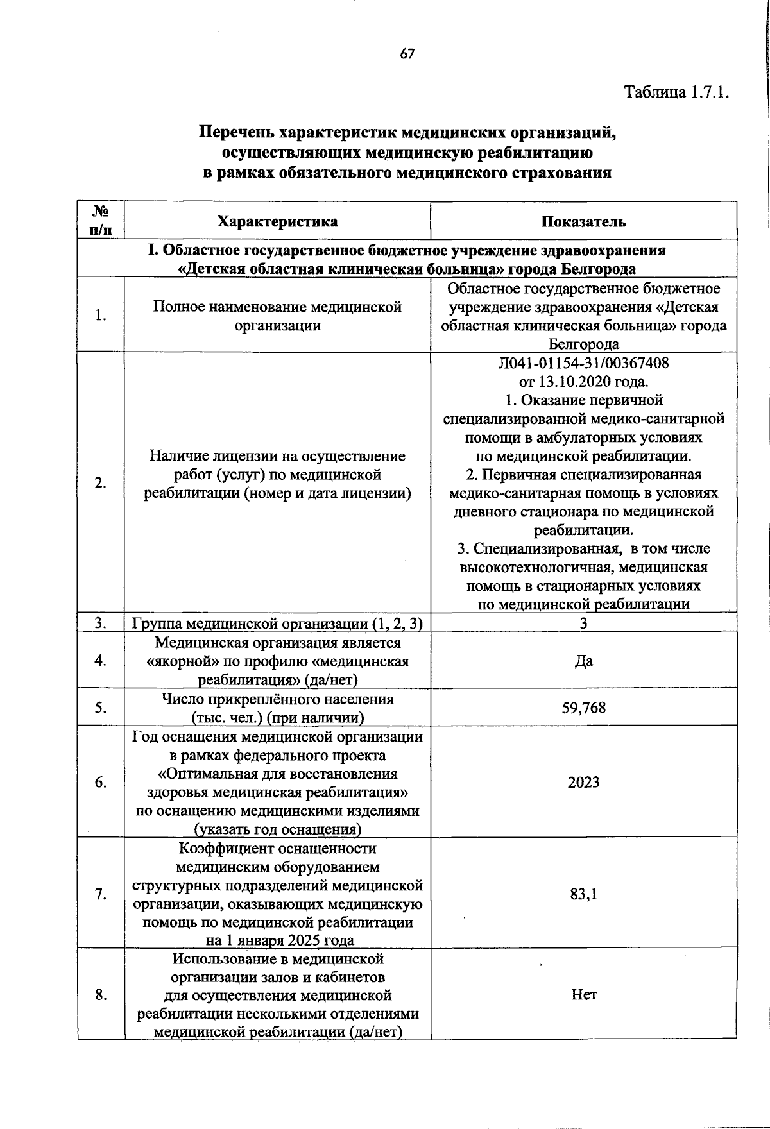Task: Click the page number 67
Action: (407, 55)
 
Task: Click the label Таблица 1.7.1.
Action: (678, 92)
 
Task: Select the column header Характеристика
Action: (277, 222)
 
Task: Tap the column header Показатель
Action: (583, 222)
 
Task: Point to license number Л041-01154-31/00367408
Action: (583, 363)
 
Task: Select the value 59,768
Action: (583, 708)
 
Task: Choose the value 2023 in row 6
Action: (583, 782)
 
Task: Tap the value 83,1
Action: (583, 894)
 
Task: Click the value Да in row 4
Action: (583, 661)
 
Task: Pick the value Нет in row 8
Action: (583, 995)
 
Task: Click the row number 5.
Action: (100, 708)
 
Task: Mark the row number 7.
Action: (100, 894)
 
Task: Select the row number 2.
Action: (100, 483)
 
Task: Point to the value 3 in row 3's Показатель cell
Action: (583, 624)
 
